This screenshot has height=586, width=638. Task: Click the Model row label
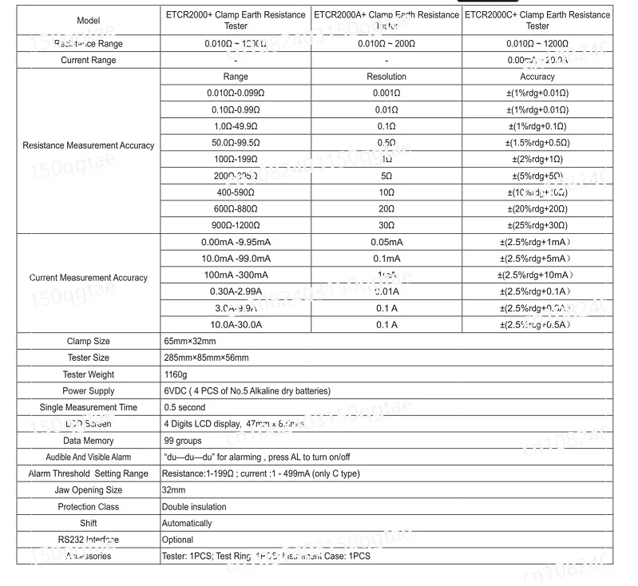tap(89, 20)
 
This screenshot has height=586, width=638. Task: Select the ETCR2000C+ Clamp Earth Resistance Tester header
tap(537, 20)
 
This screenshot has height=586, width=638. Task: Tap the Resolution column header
tap(386, 77)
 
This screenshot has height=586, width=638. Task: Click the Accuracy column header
tap(537, 77)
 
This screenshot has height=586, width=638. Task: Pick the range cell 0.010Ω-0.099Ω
tap(236, 93)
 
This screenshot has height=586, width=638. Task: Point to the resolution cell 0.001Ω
tap(386, 93)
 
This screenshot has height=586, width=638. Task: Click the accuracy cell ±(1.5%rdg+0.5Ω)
tap(537, 143)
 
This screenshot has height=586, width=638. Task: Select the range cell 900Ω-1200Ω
tap(236, 226)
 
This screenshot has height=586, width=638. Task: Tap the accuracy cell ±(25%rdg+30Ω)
tap(537, 226)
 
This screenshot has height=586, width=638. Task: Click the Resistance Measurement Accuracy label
tap(89, 145)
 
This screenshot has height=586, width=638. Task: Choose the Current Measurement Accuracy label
tap(89, 278)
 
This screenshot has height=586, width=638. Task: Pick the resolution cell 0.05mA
tap(386, 242)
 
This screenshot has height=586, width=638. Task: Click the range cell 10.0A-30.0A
tap(236, 325)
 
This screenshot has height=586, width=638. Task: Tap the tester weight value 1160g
tap(175, 374)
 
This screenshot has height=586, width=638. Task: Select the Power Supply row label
tap(89, 391)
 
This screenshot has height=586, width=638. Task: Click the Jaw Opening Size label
tap(89, 490)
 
